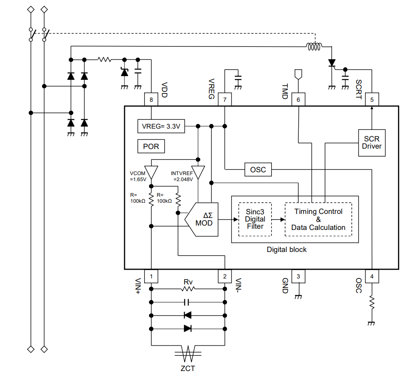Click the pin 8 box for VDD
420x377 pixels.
click(x=151, y=100)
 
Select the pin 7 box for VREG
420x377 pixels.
click(x=225, y=100)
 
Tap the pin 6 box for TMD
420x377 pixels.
click(x=298, y=100)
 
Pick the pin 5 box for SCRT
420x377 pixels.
click(x=372, y=100)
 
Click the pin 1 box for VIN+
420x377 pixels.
click(x=151, y=276)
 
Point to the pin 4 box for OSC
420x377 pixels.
click(x=372, y=276)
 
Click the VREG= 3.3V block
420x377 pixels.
click(x=161, y=126)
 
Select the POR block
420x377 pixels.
click(x=151, y=146)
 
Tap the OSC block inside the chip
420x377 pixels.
click(x=258, y=170)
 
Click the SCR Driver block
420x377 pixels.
click(x=371, y=143)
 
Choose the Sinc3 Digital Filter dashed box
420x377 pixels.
click(x=255, y=219)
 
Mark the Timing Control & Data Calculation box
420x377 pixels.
click(x=318, y=219)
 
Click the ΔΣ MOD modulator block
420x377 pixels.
click(x=203, y=219)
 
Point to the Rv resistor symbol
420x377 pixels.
click(x=188, y=288)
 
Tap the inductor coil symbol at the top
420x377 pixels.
click(x=314, y=47)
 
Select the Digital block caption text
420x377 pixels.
click(x=286, y=250)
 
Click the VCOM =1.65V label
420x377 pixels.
click(x=138, y=176)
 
